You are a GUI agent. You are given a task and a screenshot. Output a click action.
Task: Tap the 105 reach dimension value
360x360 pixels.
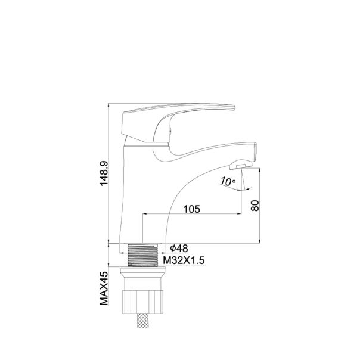(191, 209)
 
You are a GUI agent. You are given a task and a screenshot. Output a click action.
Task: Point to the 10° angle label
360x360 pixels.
(228, 179)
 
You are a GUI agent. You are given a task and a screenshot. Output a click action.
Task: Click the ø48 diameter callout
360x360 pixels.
(179, 247)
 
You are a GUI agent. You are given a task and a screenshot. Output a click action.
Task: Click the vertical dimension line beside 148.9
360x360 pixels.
(109, 173)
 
